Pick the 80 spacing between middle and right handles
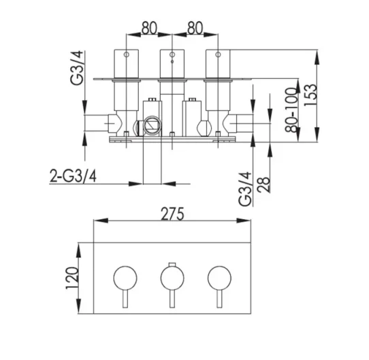tap(195, 29)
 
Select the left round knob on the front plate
tap(125, 277)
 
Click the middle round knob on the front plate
tap(172, 277)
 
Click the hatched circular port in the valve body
tap(150, 126)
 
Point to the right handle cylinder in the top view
tap(218, 65)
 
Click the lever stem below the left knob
tap(125, 300)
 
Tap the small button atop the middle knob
tap(172, 264)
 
